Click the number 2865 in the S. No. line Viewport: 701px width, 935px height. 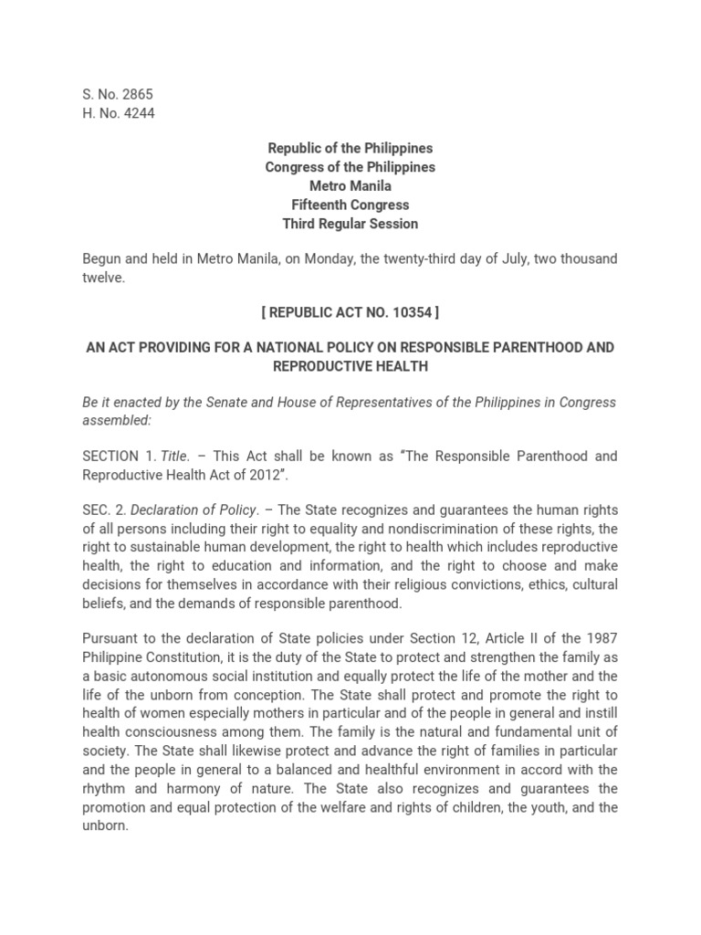[x=126, y=95]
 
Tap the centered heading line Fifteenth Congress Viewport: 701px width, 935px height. [x=350, y=205]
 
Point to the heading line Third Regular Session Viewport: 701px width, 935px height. [x=350, y=225]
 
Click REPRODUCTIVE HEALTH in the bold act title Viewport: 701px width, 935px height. [x=350, y=366]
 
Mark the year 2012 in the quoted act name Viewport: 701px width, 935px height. [x=275, y=475]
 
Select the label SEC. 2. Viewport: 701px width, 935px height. [x=102, y=510]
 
